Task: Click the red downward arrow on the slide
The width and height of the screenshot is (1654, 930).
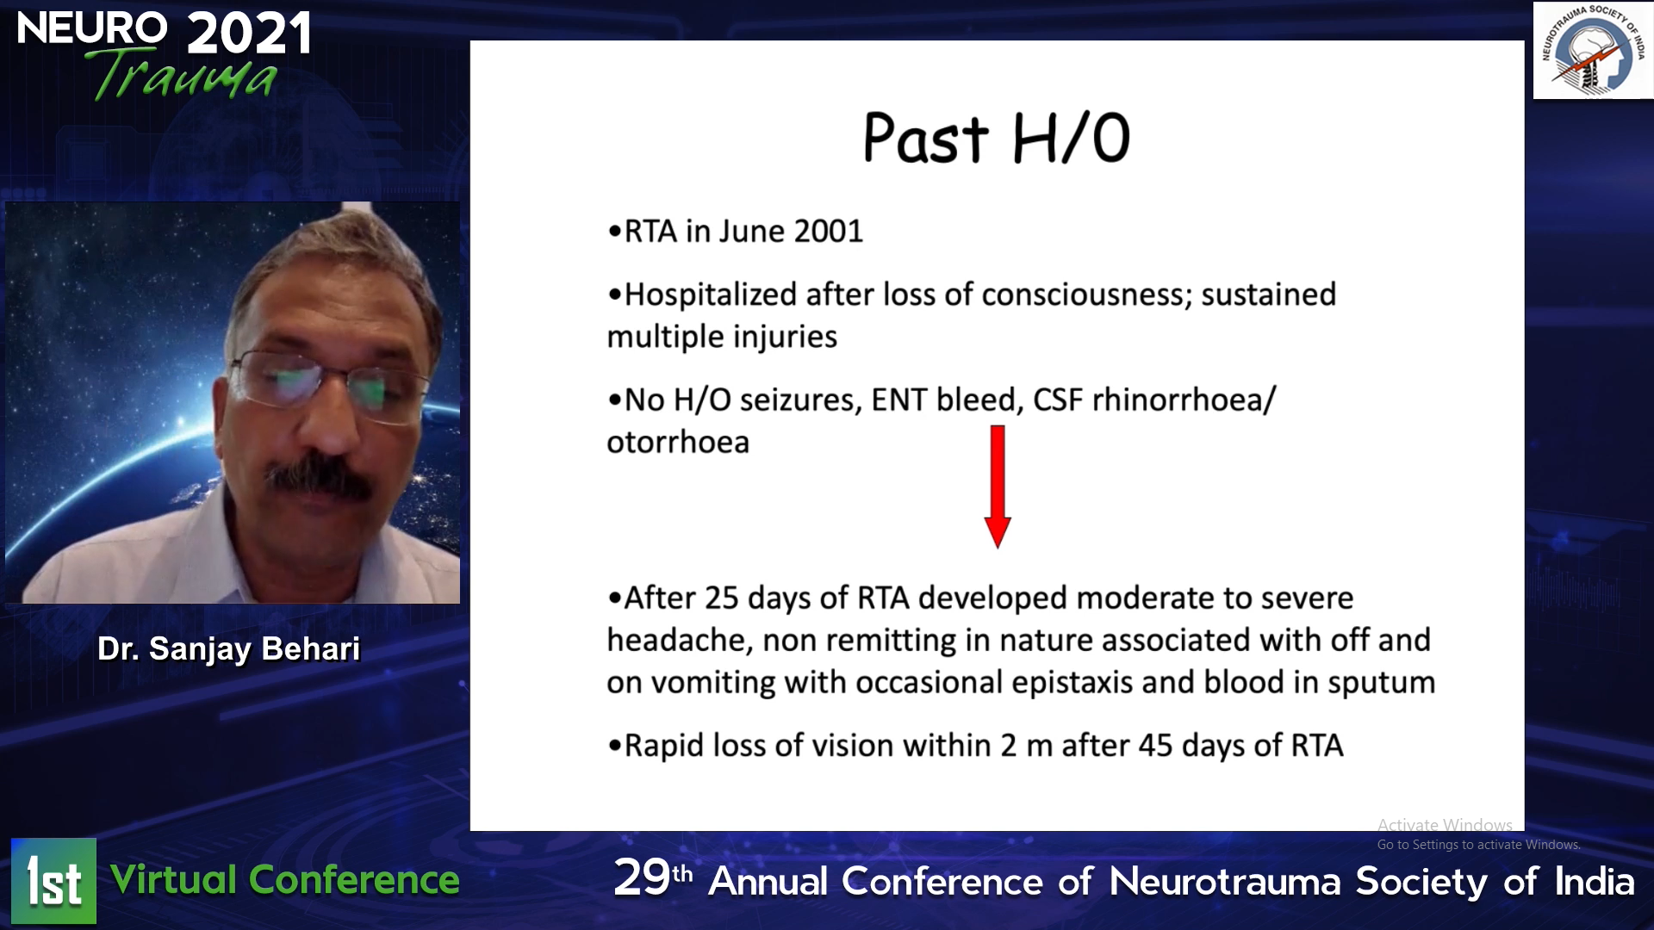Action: point(998,487)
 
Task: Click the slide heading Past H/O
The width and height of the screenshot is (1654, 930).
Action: point(997,139)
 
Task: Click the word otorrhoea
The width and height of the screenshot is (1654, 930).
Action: point(678,443)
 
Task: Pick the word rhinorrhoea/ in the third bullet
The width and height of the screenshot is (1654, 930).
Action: point(1184,400)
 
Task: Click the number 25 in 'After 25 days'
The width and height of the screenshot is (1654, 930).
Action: point(722,598)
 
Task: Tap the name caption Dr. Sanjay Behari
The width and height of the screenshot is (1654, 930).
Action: point(228,649)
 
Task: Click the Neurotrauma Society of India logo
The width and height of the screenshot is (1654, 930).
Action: point(1594,50)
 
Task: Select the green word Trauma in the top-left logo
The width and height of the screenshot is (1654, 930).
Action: point(183,76)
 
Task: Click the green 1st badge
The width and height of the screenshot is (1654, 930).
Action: point(53,881)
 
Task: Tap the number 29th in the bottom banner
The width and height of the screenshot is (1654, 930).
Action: point(653,878)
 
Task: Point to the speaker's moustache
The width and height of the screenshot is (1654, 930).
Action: point(318,478)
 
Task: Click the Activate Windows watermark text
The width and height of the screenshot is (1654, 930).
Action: point(1445,825)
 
